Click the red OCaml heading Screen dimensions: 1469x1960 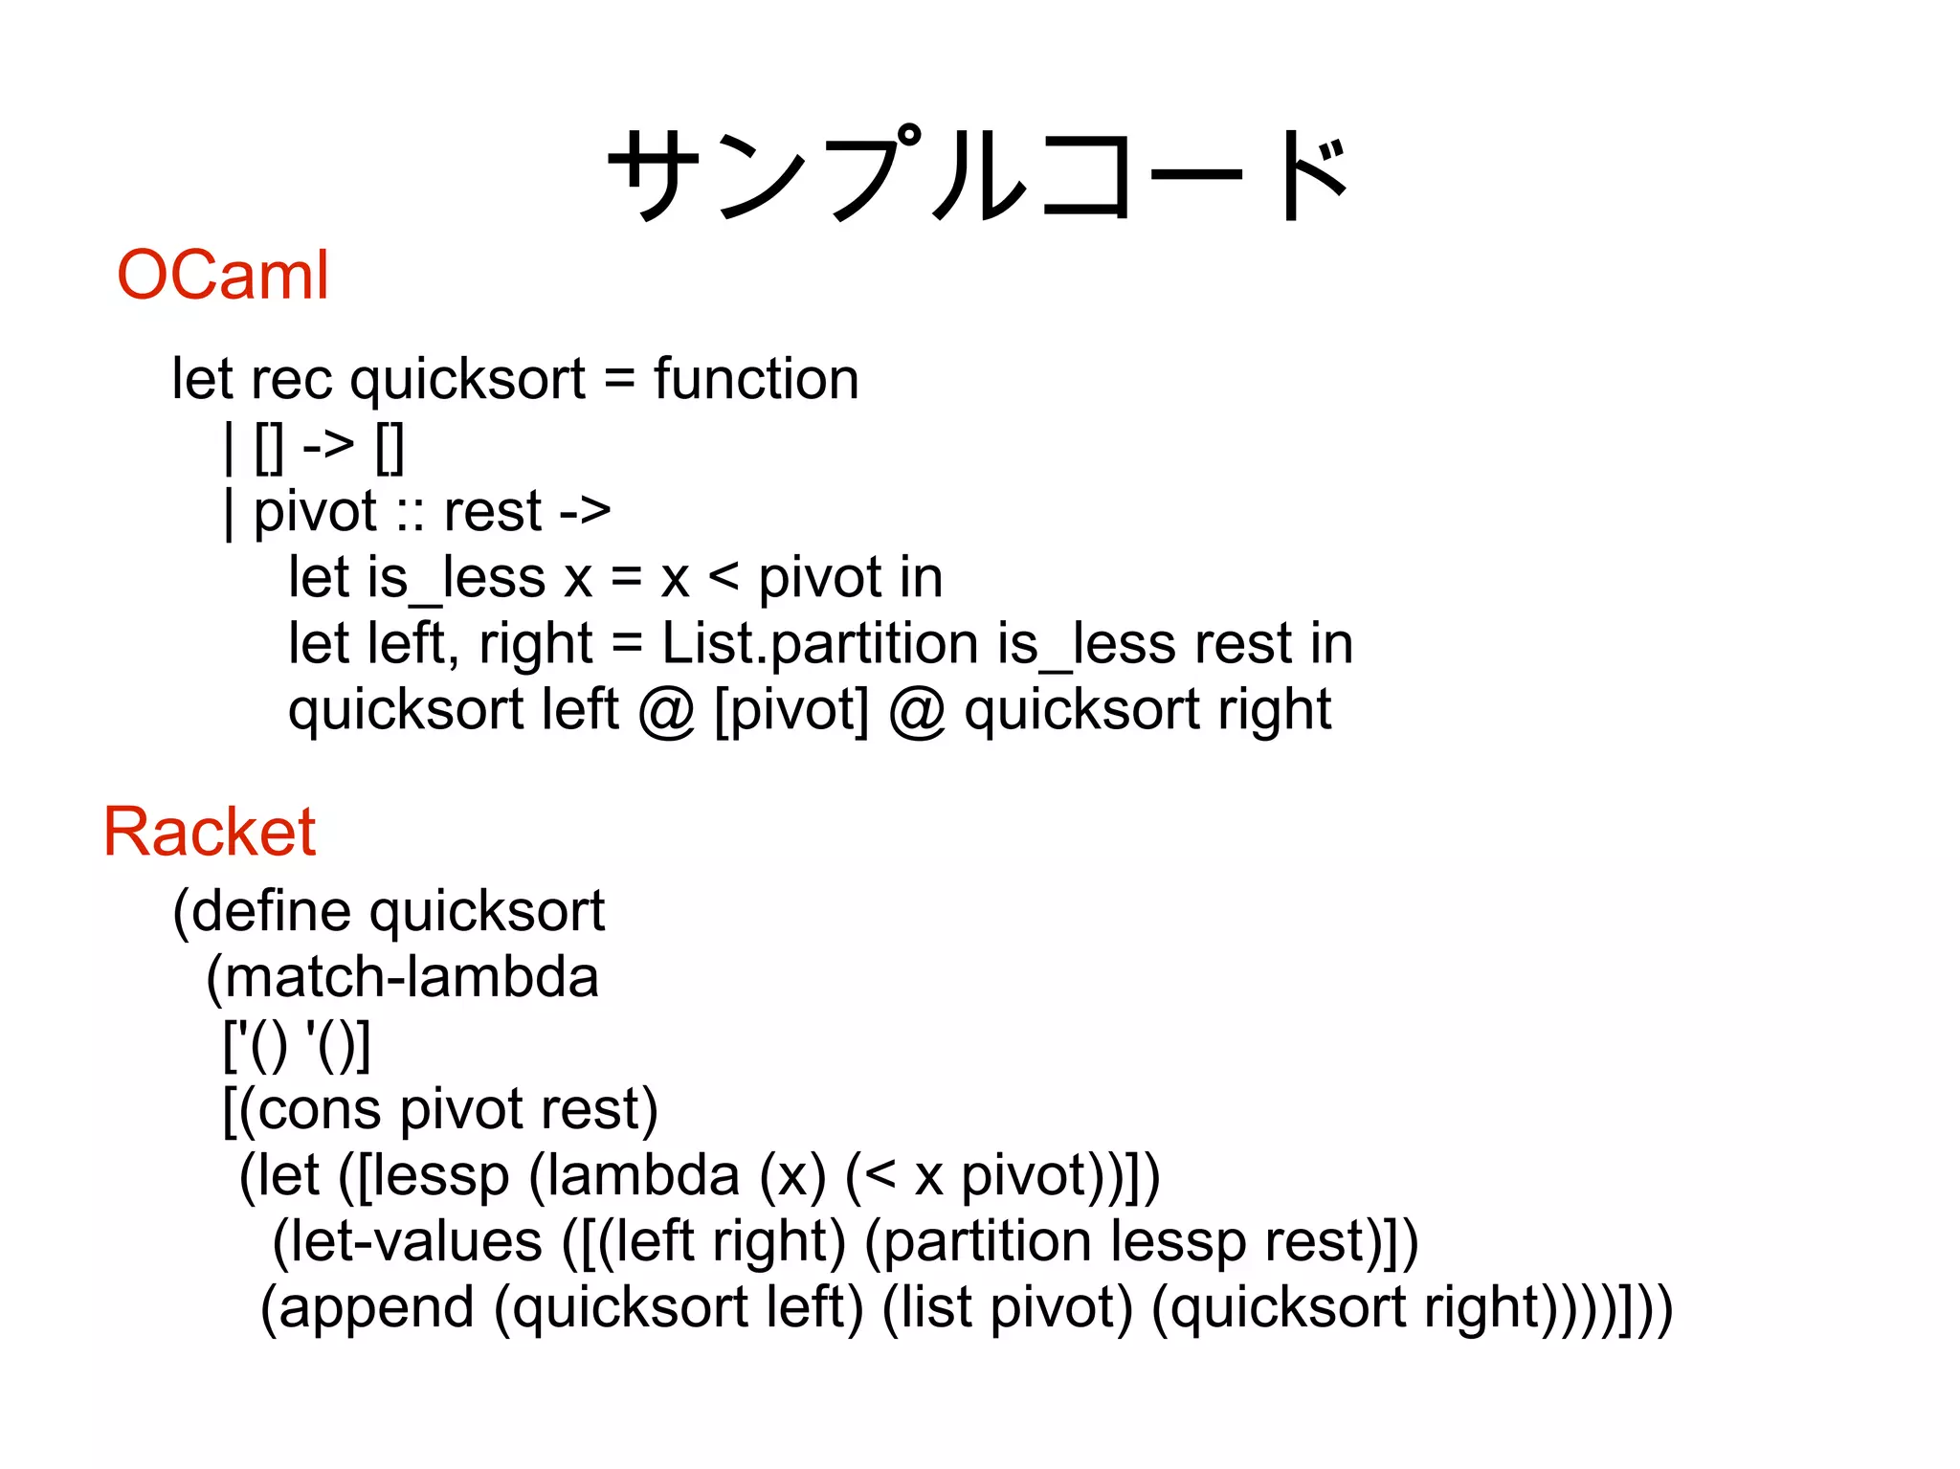coord(222,276)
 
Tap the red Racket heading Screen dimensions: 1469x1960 coord(209,832)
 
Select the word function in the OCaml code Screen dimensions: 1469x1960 coord(756,379)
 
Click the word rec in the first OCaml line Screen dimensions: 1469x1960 coord(291,380)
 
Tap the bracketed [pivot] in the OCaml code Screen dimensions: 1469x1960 coord(791,710)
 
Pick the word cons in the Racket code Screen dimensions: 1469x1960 coord(319,1109)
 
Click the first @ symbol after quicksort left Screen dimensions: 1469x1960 coord(666,710)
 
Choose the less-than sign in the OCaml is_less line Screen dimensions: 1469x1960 coord(724,578)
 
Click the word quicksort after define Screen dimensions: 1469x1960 coord(487,910)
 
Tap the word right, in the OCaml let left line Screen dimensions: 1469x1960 coord(536,643)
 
